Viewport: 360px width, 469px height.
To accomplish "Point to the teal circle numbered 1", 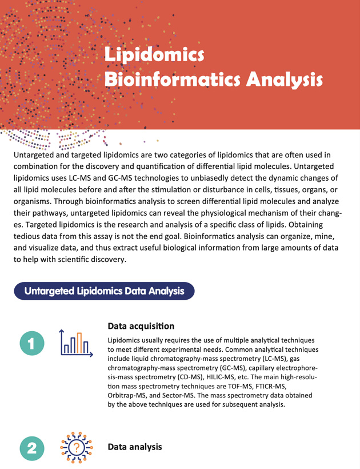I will [32, 343].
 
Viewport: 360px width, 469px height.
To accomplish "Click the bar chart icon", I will [74, 343].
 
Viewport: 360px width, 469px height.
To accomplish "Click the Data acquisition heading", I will [141, 327].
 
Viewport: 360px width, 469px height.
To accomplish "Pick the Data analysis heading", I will [135, 446].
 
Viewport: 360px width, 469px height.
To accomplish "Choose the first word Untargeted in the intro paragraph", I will [34, 156].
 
